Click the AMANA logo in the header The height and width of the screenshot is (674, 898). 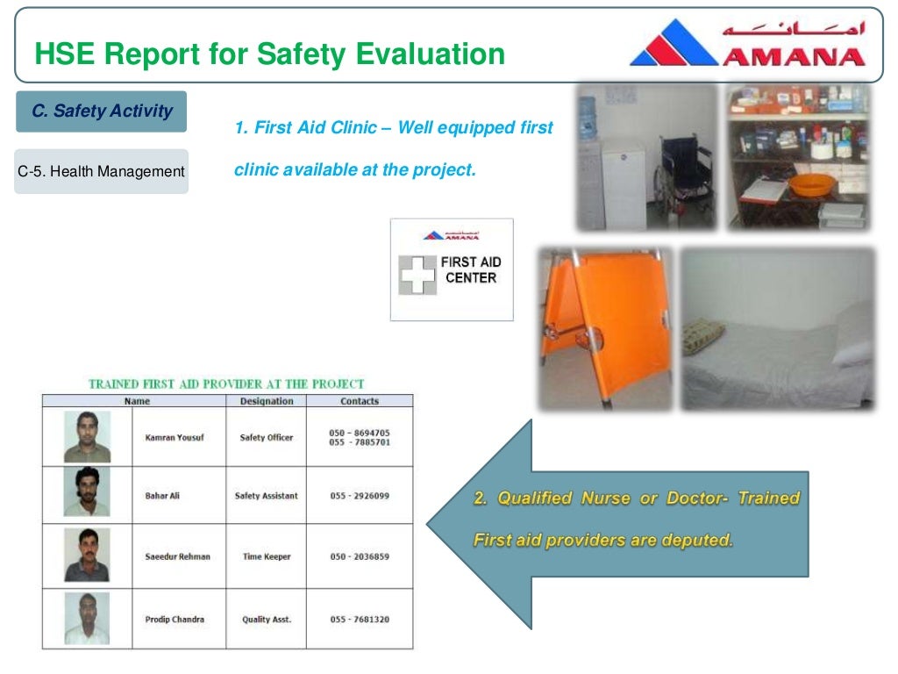click(747, 44)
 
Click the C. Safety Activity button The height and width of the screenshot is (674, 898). click(102, 111)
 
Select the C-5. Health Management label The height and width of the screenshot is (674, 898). click(102, 171)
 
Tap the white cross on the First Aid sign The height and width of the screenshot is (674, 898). click(417, 275)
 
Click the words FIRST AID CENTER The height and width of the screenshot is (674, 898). click(471, 269)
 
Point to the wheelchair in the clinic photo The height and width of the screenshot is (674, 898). click(684, 171)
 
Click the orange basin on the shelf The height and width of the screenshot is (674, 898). click(811, 185)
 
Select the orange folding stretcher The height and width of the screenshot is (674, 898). click(605, 325)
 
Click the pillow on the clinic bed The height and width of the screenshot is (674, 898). click(850, 351)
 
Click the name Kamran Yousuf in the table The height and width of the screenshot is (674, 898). click(174, 437)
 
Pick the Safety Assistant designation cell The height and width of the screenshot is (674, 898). click(266, 496)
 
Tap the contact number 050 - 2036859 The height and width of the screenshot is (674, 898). click(360, 556)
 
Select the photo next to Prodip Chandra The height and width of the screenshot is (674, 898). click(87, 619)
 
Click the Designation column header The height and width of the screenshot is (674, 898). click(266, 401)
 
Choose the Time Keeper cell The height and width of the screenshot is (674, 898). click(266, 556)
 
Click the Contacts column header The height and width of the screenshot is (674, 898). click(360, 401)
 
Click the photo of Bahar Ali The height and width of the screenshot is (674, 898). click(87, 492)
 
